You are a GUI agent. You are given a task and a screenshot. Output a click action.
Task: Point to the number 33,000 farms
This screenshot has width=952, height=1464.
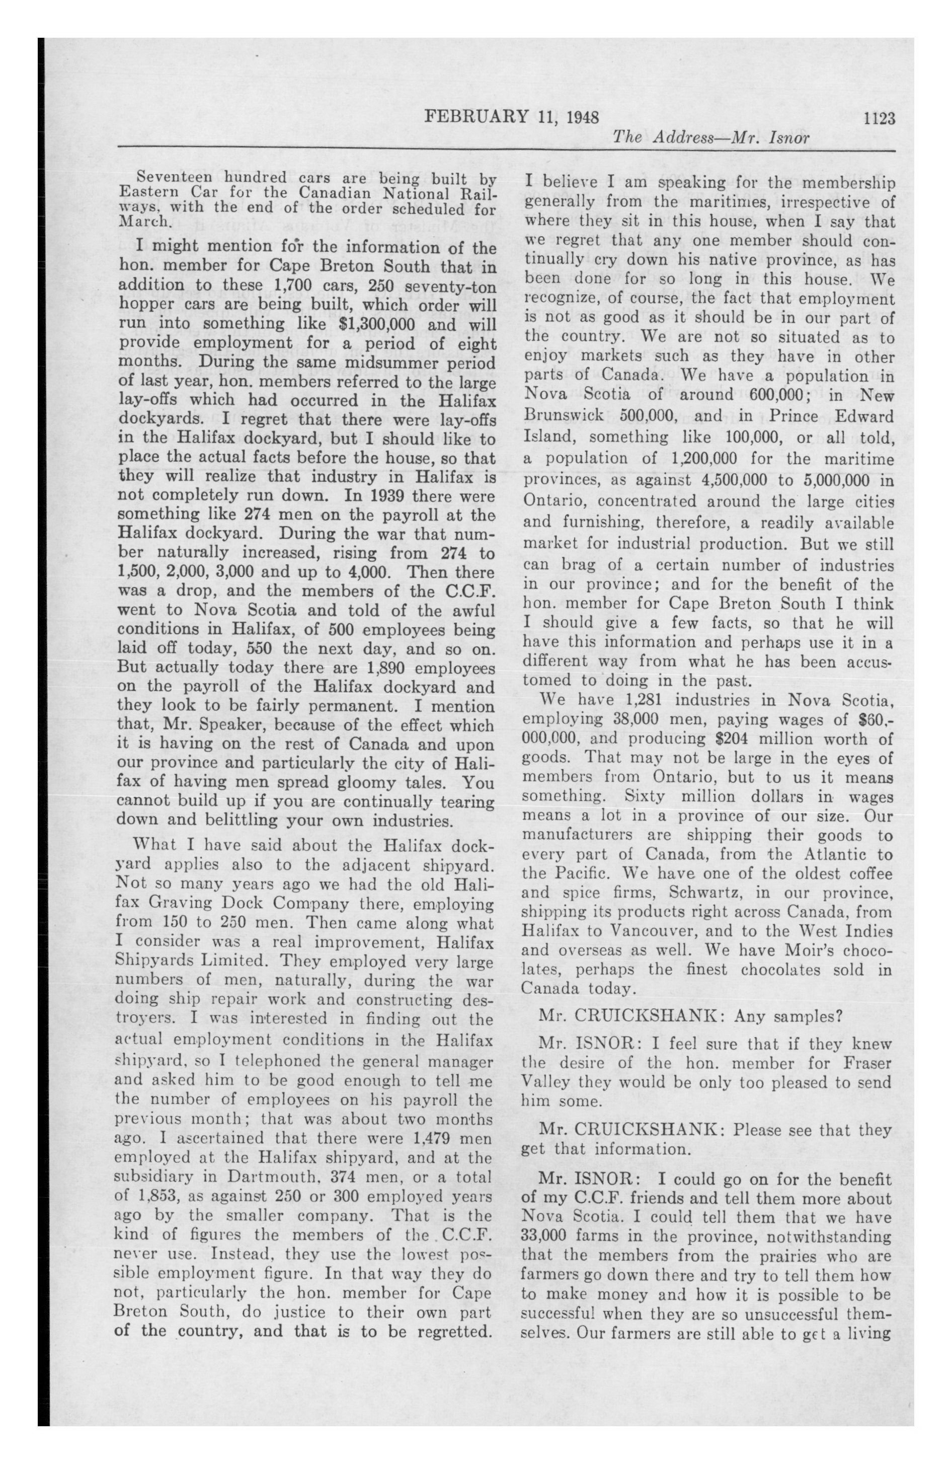coord(546,1236)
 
